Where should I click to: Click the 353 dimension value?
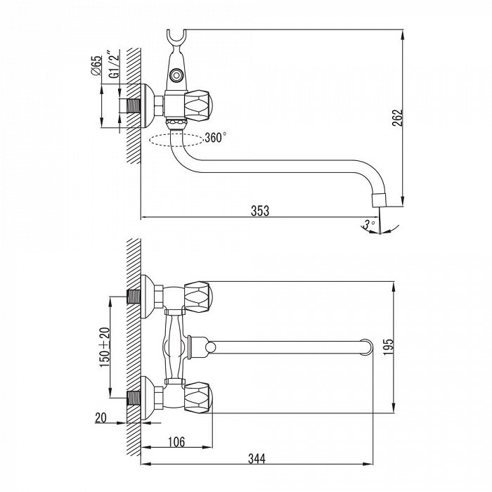click(x=260, y=211)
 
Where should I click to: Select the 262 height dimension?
click(x=398, y=117)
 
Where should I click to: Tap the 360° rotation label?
click(x=215, y=138)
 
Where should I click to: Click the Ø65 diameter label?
click(x=96, y=65)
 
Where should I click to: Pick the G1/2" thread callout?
click(x=114, y=64)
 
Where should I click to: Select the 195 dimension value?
click(x=389, y=347)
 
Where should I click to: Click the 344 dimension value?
click(x=257, y=459)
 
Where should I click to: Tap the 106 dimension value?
click(x=176, y=442)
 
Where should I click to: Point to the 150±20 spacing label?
click(x=105, y=347)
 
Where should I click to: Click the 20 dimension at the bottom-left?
click(x=101, y=417)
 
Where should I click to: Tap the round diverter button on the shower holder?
click(x=176, y=75)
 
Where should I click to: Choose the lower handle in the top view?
click(x=198, y=398)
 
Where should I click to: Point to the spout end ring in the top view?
click(x=366, y=347)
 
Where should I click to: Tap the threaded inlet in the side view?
click(x=134, y=106)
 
